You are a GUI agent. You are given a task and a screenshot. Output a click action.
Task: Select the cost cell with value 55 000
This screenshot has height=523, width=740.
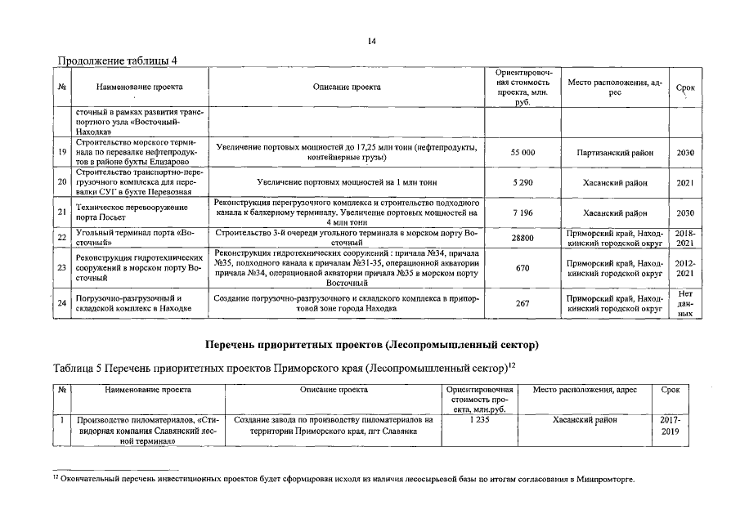click(x=522, y=153)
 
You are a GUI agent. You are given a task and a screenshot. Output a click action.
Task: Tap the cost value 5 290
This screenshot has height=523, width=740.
click(x=522, y=182)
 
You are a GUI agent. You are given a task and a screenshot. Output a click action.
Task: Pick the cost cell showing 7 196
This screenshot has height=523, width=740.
click(x=522, y=212)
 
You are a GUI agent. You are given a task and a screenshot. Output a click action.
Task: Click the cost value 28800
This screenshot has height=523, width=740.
click(x=522, y=238)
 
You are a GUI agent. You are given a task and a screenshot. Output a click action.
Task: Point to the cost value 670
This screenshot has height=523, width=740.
click(x=522, y=267)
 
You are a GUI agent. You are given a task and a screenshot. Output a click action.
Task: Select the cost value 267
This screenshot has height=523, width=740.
click(x=522, y=302)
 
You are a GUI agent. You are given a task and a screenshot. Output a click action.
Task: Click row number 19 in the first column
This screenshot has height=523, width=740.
click(x=62, y=153)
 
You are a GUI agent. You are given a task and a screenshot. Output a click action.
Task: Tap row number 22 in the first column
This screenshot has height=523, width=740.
click(x=62, y=238)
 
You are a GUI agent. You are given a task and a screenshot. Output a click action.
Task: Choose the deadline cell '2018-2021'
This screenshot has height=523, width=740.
click(x=685, y=238)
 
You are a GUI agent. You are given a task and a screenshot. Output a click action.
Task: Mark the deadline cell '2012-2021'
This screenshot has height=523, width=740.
click(x=685, y=267)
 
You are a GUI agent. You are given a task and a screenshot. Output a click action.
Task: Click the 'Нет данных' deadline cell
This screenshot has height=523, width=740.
click(x=685, y=302)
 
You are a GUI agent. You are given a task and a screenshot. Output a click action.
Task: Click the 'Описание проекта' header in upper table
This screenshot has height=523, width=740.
click(x=347, y=86)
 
